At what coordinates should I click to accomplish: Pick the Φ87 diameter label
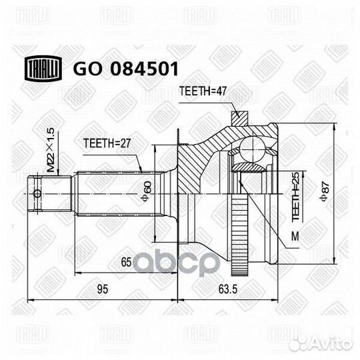pos(326,193)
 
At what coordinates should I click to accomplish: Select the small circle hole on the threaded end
pos(37,194)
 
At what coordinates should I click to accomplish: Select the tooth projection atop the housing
pos(238,118)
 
